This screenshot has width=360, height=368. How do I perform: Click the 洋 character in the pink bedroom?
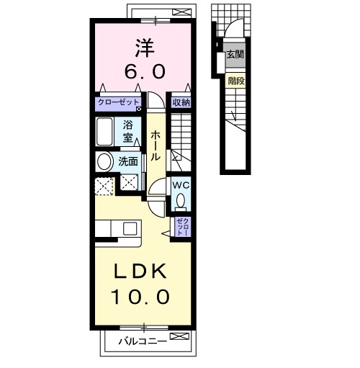point(145,48)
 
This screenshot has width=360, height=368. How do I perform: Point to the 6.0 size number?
point(145,72)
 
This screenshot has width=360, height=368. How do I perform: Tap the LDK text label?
point(140,271)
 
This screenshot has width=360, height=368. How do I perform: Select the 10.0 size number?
point(140,297)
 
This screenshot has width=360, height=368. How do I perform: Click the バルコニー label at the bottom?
point(143,341)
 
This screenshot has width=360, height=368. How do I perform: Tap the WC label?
point(181,185)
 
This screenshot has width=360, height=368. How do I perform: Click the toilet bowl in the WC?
point(181,200)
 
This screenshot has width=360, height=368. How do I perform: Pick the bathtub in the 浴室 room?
point(104,132)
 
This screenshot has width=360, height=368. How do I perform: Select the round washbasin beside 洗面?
point(105,161)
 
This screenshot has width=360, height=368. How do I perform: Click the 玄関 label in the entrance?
point(235,55)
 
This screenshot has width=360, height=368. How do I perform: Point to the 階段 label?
point(236,81)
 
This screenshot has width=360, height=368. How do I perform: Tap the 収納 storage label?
point(181,103)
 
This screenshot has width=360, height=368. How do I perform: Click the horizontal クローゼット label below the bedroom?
point(118,102)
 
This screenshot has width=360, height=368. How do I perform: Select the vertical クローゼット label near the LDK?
point(183,227)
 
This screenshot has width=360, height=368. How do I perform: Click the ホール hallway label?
point(156,145)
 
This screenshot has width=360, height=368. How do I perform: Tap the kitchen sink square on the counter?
point(130,228)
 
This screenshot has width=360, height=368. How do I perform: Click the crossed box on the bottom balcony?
point(179,336)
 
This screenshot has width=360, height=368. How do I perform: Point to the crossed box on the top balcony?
point(182,12)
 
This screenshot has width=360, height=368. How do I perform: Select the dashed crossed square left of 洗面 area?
point(104,187)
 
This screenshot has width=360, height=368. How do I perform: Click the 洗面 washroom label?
point(128,161)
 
